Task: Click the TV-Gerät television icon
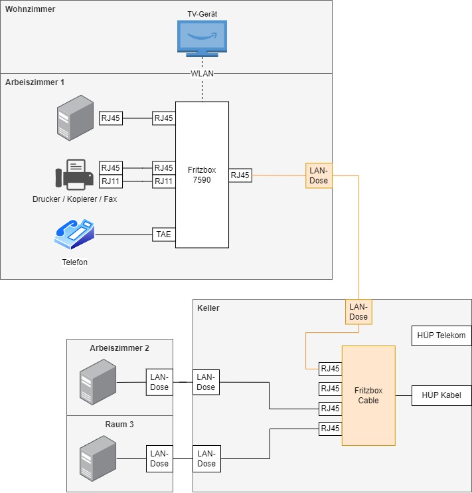202,39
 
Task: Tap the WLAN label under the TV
202,73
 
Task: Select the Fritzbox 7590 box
202,175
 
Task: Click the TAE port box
163,234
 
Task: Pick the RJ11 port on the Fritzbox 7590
163,181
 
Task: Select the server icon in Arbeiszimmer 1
72,118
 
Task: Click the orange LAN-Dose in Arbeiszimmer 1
319,175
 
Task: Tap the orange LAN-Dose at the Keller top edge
358,312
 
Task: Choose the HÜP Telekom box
441,336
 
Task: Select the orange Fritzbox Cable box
368,395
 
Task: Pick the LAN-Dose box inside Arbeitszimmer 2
159,383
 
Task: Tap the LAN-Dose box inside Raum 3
159,458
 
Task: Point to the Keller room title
208,308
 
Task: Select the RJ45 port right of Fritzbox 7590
240,175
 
